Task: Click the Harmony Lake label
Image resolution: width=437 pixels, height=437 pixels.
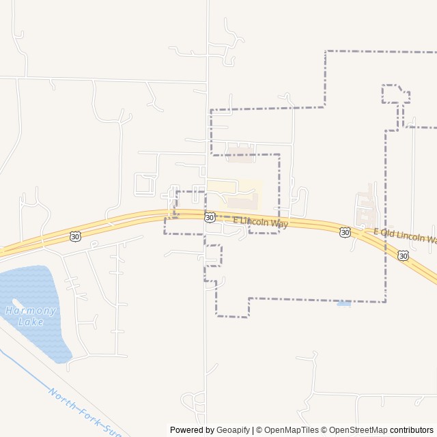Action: coord(31,315)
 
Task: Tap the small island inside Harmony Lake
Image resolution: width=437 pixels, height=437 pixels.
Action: coord(15,302)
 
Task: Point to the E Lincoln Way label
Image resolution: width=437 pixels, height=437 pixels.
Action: coord(261,222)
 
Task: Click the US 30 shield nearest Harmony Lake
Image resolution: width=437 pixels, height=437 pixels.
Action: coord(74,236)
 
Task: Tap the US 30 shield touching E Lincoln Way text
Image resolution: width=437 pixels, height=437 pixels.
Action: coord(209,217)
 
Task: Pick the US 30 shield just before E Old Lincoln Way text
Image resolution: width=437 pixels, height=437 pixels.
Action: coord(346,232)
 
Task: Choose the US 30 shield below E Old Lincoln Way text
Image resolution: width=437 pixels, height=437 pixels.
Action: coord(404,255)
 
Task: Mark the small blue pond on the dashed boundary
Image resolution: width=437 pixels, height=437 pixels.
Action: coord(344,303)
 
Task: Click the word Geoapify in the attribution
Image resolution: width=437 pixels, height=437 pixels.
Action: coord(234,430)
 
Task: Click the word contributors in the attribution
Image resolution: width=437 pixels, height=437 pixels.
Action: coord(412,430)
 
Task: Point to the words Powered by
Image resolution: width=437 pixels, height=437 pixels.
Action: coord(192,430)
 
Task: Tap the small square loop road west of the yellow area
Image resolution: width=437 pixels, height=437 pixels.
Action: coord(145,184)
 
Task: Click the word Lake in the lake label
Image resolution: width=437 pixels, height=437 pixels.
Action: coord(31,322)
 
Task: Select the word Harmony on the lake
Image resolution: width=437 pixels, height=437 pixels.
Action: coord(31,311)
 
